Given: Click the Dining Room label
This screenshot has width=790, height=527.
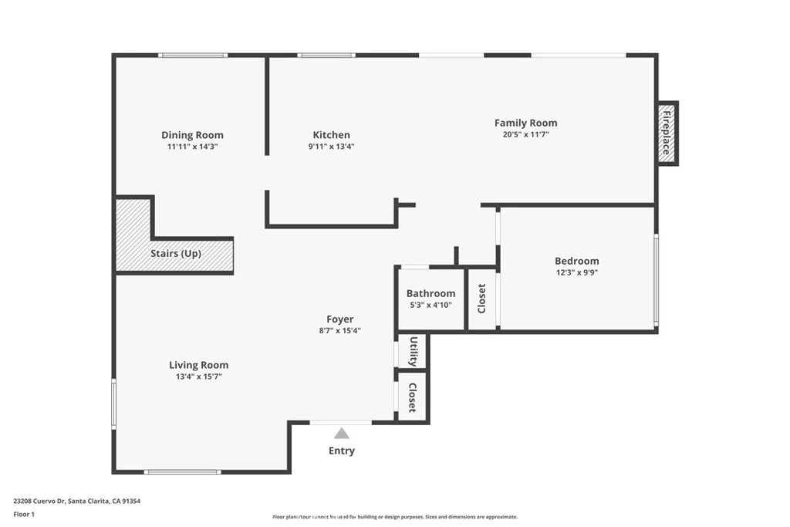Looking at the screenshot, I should coord(192,135).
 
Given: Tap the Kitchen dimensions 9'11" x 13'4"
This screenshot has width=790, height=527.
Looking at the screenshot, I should coord(331,147).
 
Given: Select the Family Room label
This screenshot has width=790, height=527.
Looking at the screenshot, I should coord(525,123).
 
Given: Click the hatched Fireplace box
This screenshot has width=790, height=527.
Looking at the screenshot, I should coord(667,133).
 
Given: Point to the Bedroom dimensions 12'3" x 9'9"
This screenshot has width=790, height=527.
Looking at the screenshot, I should coord(576,272).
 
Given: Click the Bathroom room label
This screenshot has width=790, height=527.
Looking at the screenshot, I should coord(430,293).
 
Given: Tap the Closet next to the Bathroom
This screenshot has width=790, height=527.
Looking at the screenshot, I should coord(482,299).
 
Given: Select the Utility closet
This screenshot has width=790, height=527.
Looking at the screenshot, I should coord(413,352).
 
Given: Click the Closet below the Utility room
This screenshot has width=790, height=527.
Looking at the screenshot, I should coord(413,397).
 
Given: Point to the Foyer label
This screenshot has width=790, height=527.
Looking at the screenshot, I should coord(339,319).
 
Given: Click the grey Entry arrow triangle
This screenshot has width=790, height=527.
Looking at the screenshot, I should coord(341,434).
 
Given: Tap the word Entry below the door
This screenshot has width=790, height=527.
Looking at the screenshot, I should coord(341,451).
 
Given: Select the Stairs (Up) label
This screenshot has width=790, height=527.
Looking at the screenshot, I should coord(175,253).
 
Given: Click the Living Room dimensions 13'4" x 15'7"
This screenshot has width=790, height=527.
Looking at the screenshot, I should coord(198,377).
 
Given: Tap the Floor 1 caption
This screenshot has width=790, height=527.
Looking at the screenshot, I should coord(24,513).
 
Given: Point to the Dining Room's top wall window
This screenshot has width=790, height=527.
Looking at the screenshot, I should coord(193,56).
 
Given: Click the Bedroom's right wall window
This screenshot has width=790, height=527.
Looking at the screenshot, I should coord(656,279).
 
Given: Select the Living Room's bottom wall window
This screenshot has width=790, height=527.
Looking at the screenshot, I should coord(183,471).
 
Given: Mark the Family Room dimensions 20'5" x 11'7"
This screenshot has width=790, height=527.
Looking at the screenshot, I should coord(525,134).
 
